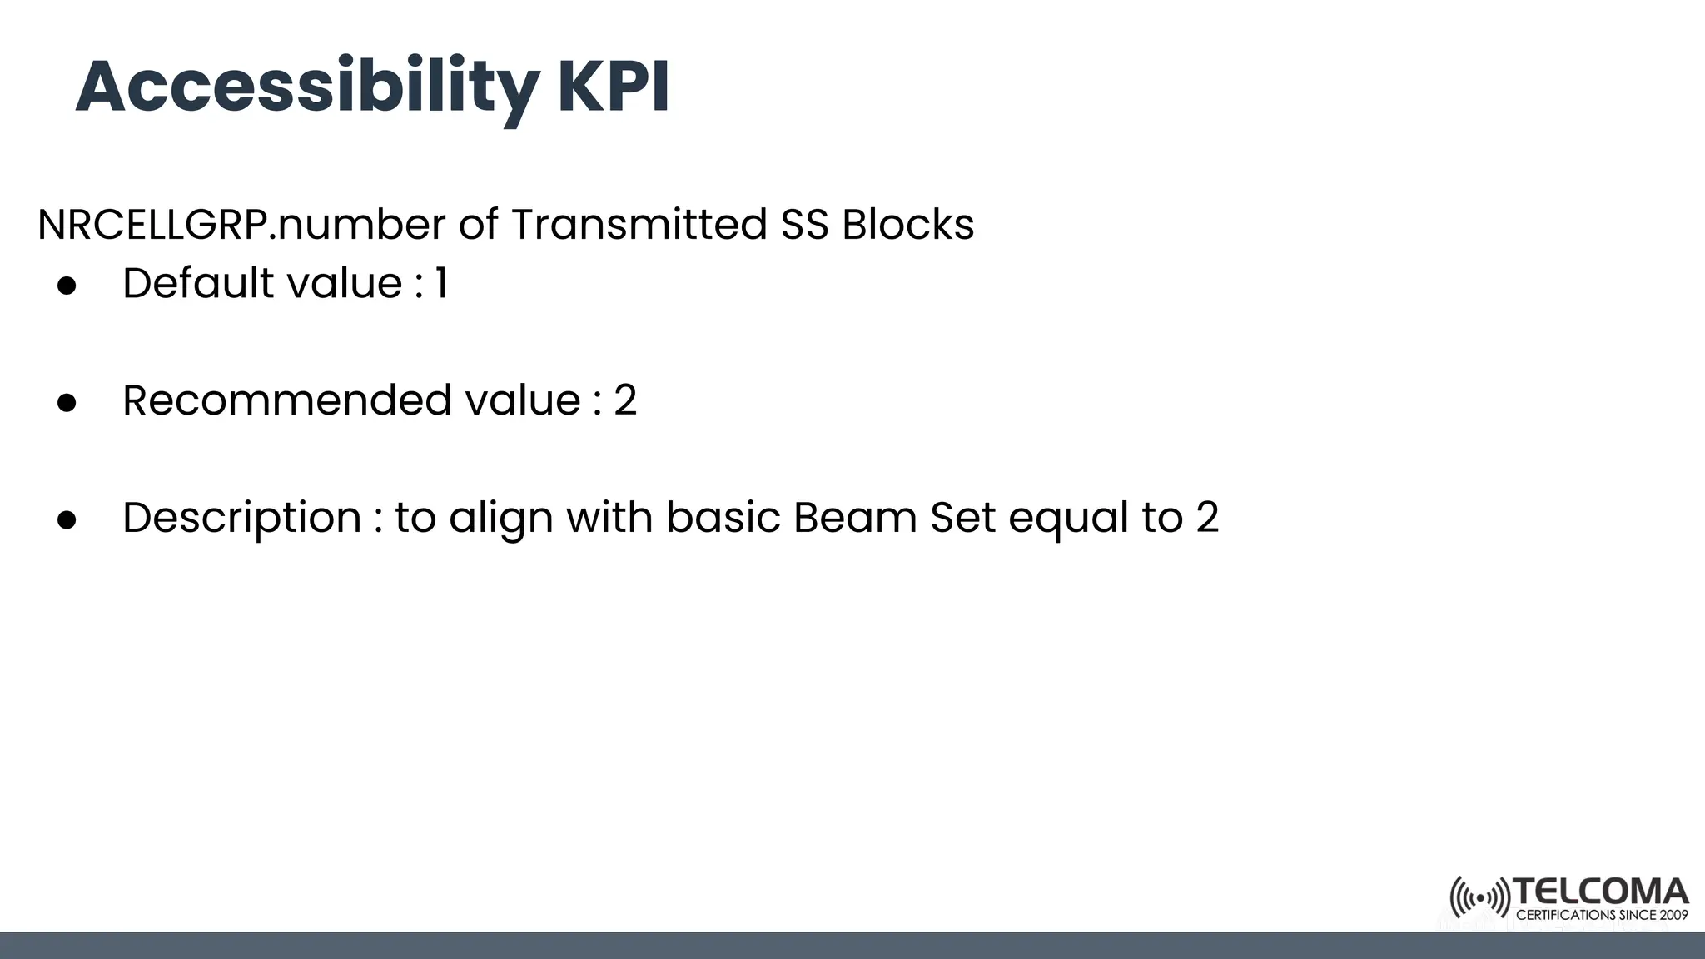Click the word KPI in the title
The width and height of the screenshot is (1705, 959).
point(613,87)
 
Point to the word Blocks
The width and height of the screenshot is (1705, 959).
point(907,225)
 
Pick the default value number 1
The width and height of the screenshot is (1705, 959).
point(441,284)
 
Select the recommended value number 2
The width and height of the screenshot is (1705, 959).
point(625,401)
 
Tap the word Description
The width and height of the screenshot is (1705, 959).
point(242,519)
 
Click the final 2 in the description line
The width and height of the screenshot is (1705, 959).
point(1207,518)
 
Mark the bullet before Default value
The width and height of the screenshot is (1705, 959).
point(67,286)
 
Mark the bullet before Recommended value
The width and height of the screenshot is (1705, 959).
point(67,403)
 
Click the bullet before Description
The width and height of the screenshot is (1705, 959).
point(67,520)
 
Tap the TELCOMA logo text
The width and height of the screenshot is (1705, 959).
point(1600,892)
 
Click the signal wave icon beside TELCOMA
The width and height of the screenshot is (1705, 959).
point(1479,897)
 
